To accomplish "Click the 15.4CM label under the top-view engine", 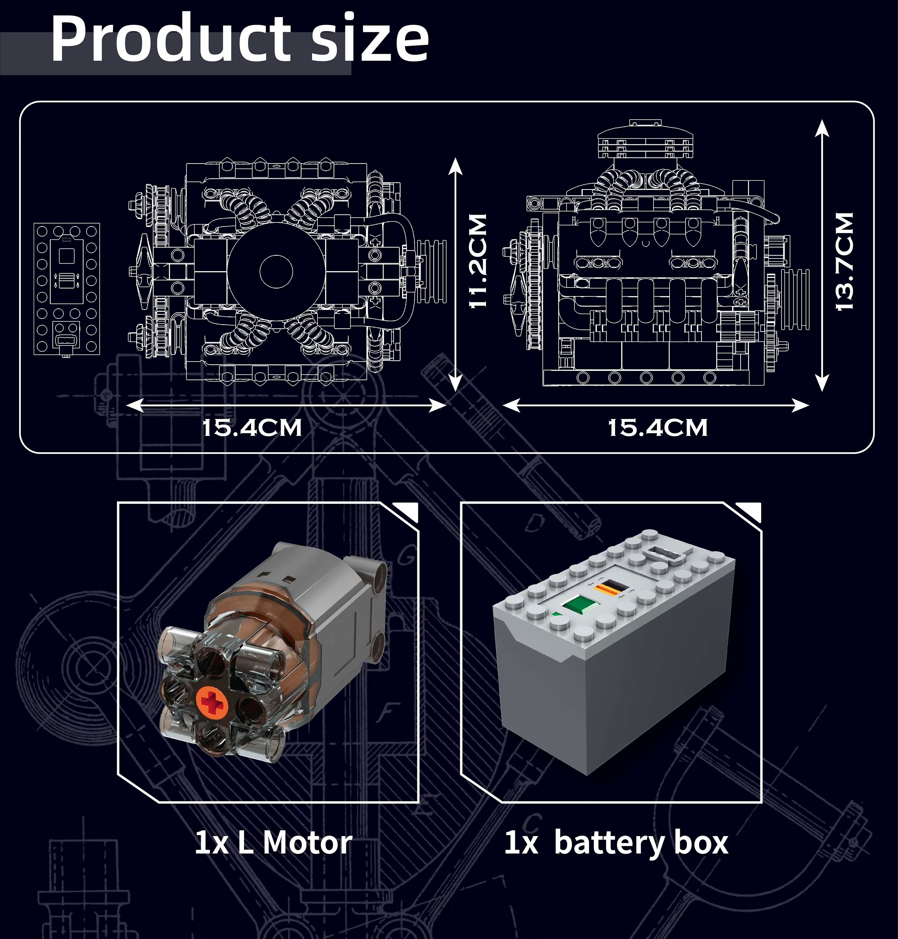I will click(x=252, y=428).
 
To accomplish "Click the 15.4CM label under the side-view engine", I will click(x=658, y=428).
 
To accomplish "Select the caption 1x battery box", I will click(x=616, y=843).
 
